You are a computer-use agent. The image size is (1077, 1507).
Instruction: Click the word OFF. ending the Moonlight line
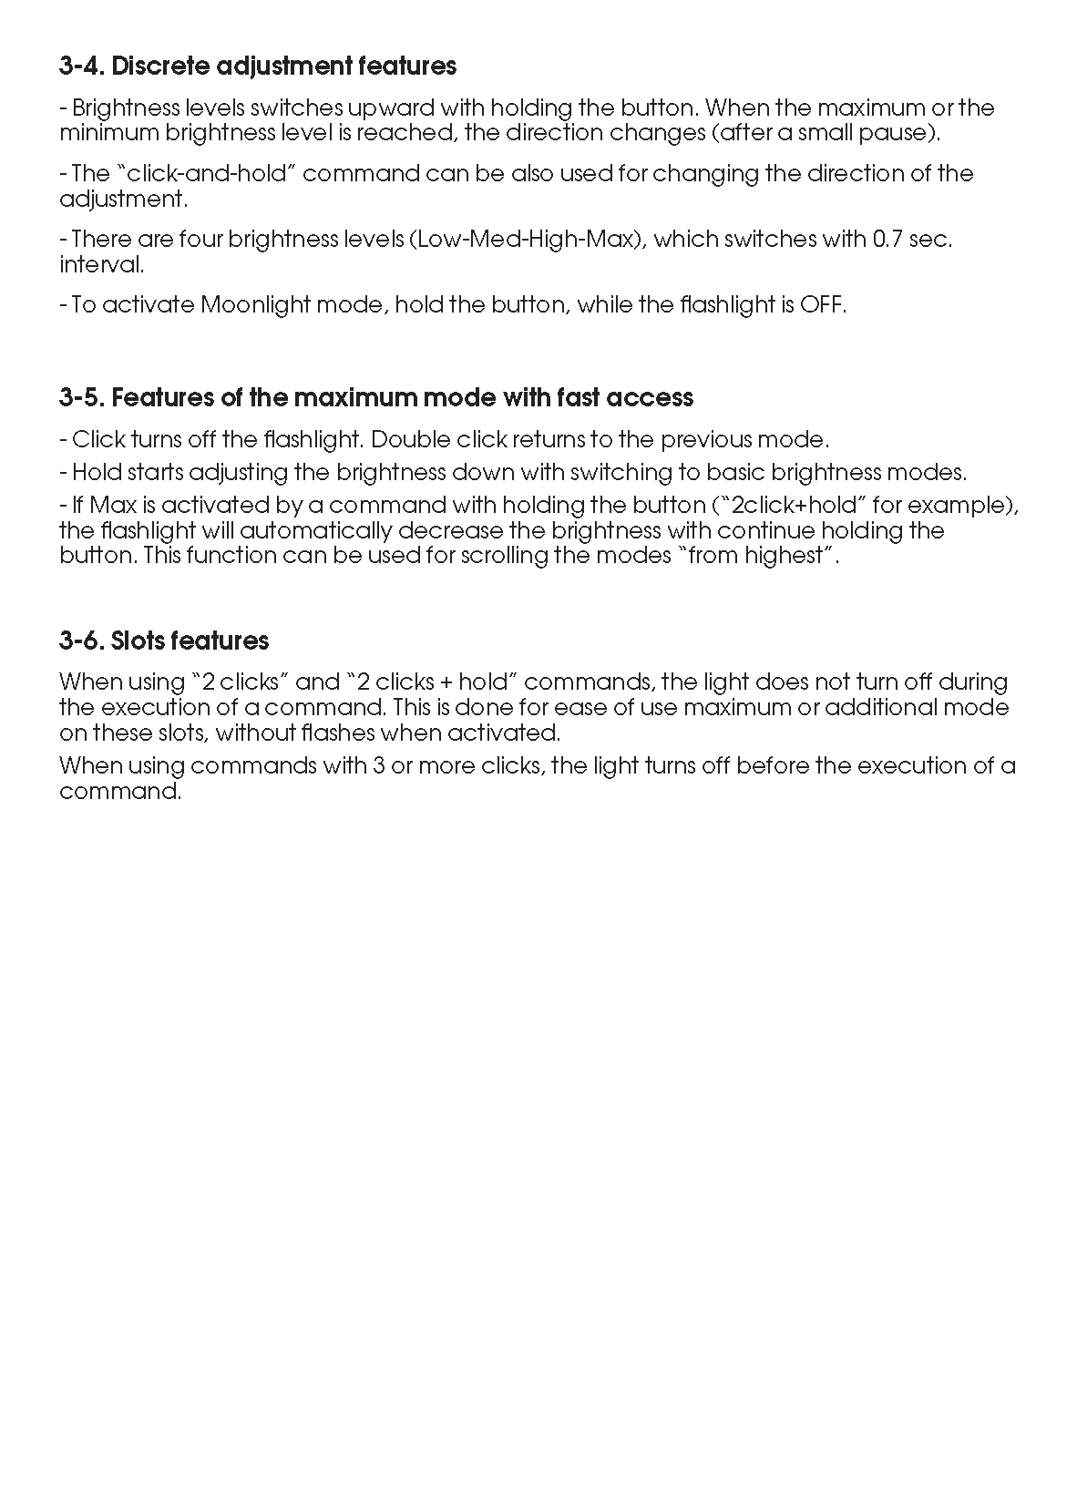[823, 305]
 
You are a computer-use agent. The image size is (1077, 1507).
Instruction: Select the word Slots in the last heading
[138, 641]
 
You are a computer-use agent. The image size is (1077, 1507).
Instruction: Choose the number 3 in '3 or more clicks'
[376, 766]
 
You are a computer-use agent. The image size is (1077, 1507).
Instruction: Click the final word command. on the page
[120, 791]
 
